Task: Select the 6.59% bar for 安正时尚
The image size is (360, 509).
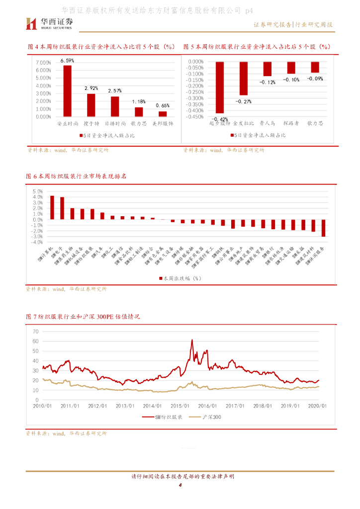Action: point(67,91)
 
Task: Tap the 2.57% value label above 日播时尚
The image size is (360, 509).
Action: point(115,90)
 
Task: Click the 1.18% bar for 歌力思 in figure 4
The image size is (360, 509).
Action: point(139,112)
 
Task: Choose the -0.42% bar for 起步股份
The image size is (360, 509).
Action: point(220,87)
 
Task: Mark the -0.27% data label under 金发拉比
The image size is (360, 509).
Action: point(244,101)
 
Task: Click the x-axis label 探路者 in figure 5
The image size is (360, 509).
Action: point(291,122)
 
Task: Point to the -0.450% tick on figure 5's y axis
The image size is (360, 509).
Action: point(194,117)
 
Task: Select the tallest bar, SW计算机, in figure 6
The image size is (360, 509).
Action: point(52,207)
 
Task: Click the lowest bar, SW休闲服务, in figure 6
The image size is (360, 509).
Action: point(323,228)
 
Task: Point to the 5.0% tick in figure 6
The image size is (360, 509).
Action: point(37,191)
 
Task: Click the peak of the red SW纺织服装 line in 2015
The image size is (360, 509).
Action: point(192,340)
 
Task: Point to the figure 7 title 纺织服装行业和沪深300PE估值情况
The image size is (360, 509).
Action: point(83,316)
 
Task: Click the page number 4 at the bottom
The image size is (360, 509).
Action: point(180,492)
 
